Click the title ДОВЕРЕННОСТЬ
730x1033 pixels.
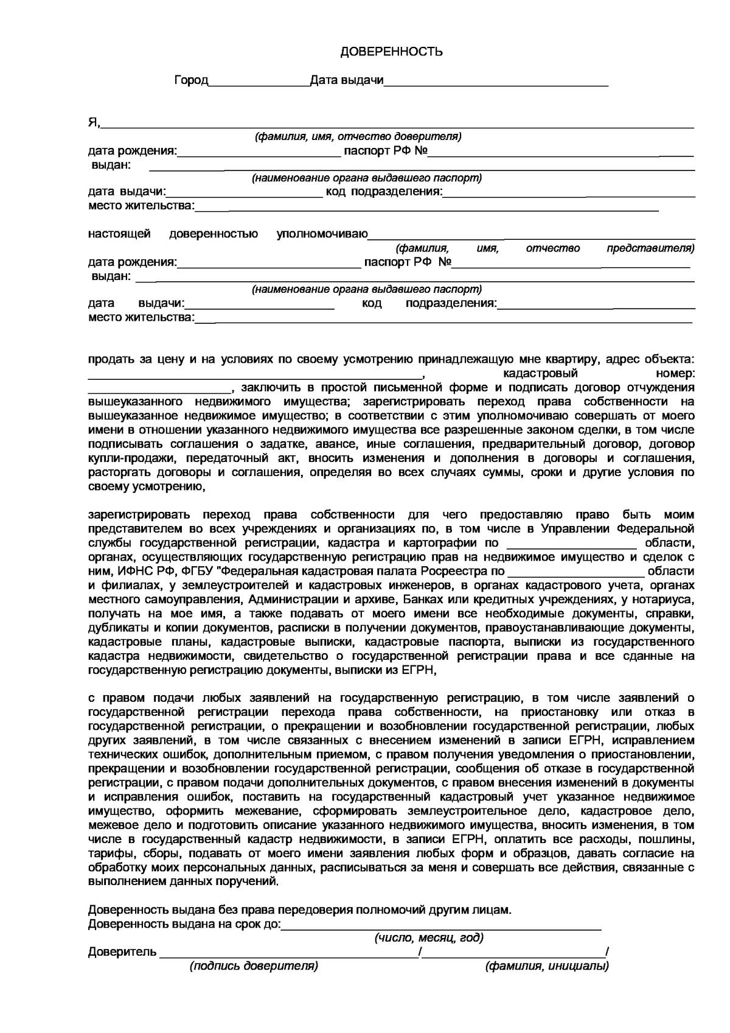(x=391, y=52)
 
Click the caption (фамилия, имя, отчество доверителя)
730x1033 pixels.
(x=358, y=136)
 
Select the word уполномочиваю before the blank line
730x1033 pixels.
(x=322, y=234)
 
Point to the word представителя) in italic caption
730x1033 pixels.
(x=650, y=248)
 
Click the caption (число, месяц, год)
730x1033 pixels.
(x=429, y=937)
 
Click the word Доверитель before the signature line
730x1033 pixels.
(x=122, y=951)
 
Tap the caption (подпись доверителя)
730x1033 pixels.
(x=254, y=966)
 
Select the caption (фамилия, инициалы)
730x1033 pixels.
(x=546, y=966)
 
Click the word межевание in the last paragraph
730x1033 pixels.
(x=274, y=811)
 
